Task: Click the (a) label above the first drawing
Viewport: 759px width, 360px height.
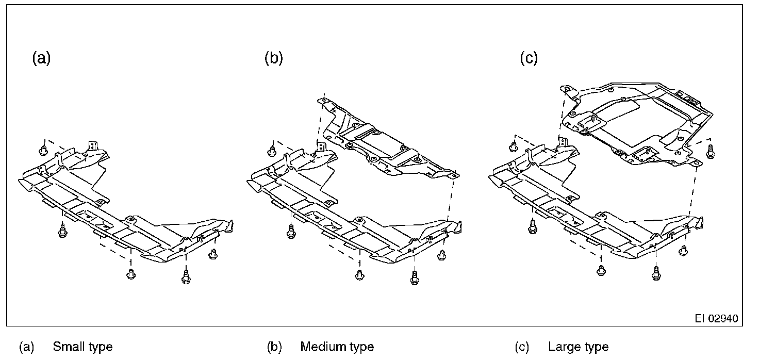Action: pos(41,58)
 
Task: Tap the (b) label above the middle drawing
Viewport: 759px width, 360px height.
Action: pos(273,58)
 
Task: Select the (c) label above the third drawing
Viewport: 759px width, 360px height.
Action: pos(529,58)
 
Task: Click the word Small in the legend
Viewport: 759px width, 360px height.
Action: pos(68,347)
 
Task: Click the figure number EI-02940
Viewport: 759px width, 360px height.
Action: pos(716,319)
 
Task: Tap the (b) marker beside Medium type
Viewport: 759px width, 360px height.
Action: pos(274,347)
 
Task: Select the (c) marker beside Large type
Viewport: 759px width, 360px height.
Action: pos(522,347)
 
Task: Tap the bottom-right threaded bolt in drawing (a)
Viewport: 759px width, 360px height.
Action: pos(185,276)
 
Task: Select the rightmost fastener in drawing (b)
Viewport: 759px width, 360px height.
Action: pos(441,254)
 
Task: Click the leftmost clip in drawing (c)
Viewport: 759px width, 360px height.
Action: pos(514,147)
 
